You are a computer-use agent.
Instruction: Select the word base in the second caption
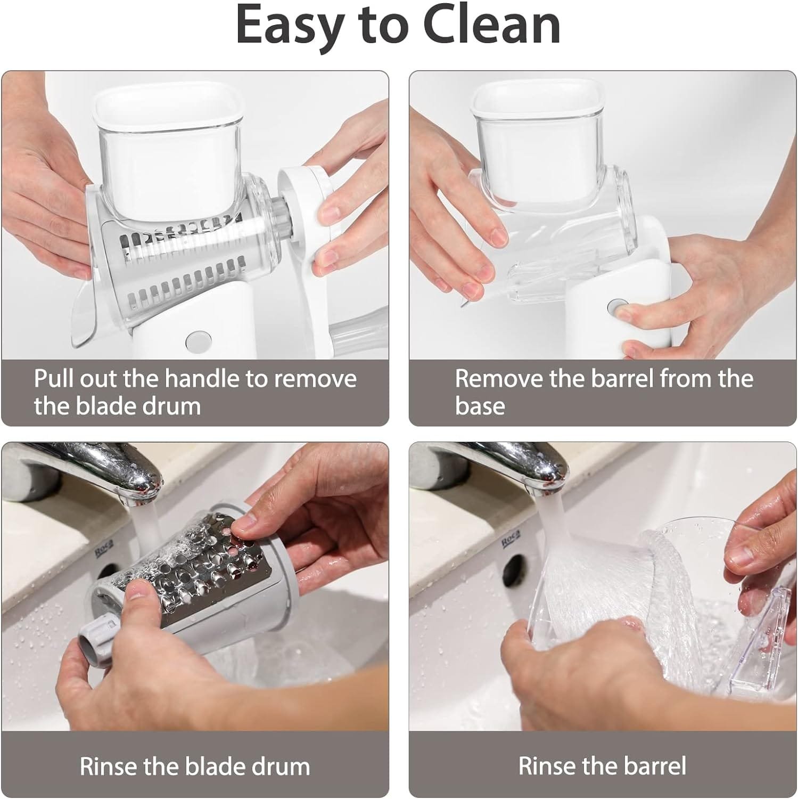pos(480,406)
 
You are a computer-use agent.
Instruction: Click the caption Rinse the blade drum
pos(195,766)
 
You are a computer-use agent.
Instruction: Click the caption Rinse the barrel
pos(602,766)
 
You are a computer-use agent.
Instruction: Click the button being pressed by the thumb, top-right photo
pos(617,308)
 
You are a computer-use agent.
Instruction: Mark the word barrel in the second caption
pos(621,379)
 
